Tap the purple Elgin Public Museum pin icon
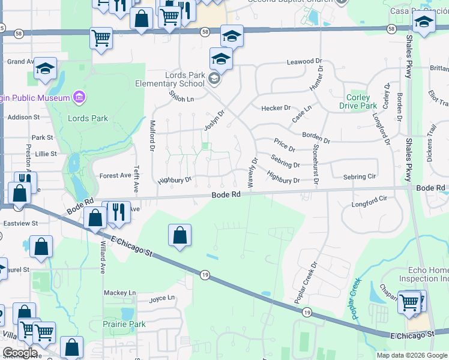tap(78, 97)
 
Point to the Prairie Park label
tap(125, 324)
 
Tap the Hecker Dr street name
tap(276, 108)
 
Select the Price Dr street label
tap(284, 145)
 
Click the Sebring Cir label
tap(359, 177)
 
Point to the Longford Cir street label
tap(369, 205)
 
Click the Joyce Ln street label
tap(161, 298)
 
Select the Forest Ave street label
tap(115, 176)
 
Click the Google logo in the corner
tap(19, 353)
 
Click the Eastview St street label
tap(19, 223)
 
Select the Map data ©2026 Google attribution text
tap(411, 355)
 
